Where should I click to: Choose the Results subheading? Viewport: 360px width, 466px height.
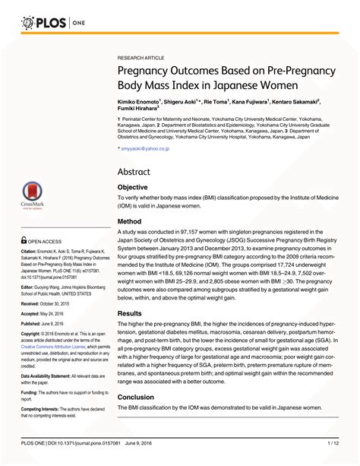(x=131, y=313)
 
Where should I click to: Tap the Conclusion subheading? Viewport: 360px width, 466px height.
(x=136, y=398)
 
